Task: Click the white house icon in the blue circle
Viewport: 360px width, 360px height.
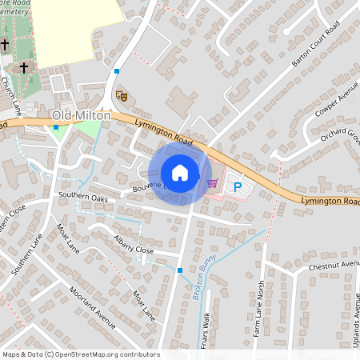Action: pyautogui.click(x=180, y=173)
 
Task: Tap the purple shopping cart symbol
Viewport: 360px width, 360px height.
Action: pyautogui.click(x=212, y=182)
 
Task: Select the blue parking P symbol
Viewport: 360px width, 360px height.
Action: pyautogui.click(x=237, y=186)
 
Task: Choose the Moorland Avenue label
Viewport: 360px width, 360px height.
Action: pyautogui.click(x=93, y=308)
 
